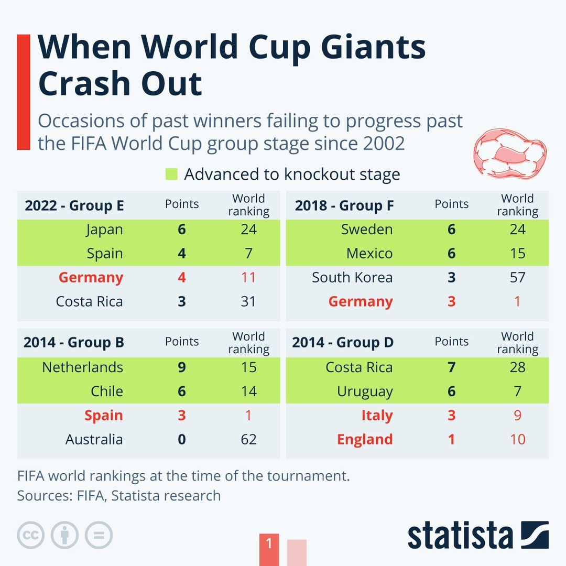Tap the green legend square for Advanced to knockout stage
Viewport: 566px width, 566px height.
(171, 174)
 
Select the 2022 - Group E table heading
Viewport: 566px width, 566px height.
(74, 205)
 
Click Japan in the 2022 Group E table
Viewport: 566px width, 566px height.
(104, 230)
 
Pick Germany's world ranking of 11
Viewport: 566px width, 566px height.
(248, 277)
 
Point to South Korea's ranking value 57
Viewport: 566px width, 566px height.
(517, 277)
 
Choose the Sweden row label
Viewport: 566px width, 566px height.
(366, 230)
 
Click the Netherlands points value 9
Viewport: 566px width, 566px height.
(181, 367)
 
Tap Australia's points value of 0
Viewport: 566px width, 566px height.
(181, 439)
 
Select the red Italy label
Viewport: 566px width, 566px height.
(376, 416)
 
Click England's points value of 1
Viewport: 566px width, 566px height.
(451, 439)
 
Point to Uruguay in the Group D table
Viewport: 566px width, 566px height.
(364, 391)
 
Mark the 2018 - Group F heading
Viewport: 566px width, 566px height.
(344, 205)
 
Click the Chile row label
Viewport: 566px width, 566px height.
(106, 391)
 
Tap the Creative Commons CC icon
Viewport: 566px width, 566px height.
(31, 535)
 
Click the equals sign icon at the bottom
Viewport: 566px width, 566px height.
(99, 535)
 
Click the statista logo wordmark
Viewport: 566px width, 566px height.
(460, 536)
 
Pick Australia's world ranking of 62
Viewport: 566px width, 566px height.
(248, 439)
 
